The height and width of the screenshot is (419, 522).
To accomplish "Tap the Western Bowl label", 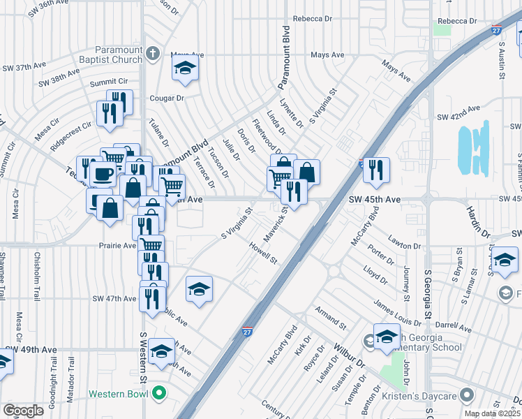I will [118, 394].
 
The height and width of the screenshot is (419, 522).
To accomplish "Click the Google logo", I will [23, 411].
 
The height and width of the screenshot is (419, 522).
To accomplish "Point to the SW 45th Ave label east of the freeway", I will [375, 200].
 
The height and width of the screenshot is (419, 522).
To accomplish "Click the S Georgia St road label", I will [427, 293].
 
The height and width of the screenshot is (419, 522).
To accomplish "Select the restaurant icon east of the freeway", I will [376, 170].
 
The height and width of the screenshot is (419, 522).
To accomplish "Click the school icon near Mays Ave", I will [185, 68].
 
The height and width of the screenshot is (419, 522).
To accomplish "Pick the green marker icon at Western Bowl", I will [160, 394].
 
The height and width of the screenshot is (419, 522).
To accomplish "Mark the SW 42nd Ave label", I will [458, 110].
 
